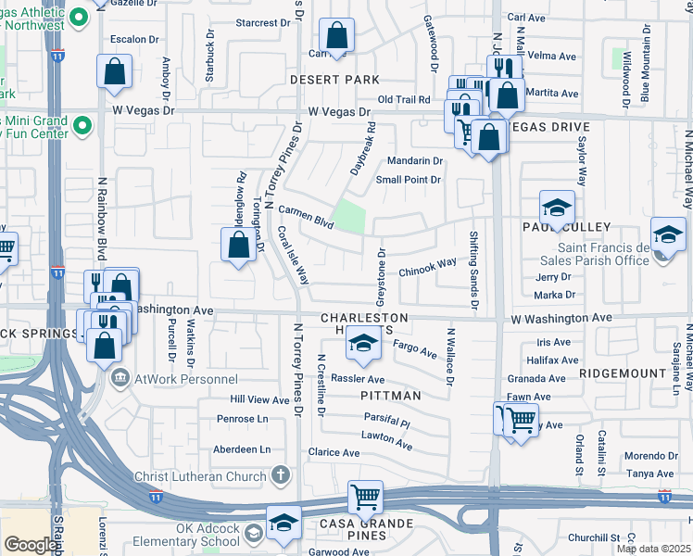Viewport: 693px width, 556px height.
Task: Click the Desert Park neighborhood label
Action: coord(334,81)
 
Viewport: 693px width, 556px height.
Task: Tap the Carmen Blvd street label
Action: coord(306,218)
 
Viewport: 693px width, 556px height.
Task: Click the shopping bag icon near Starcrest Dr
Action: coord(337,37)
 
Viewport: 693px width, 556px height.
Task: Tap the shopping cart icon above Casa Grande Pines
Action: coord(366,498)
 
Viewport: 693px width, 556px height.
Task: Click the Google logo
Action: coord(31,545)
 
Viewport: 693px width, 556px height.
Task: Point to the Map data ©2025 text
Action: coord(652,549)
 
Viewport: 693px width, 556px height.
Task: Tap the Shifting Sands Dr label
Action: coord(474,270)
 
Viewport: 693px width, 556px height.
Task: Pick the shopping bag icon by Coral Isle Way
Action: coord(238,246)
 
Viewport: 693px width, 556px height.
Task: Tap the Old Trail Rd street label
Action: coord(405,99)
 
